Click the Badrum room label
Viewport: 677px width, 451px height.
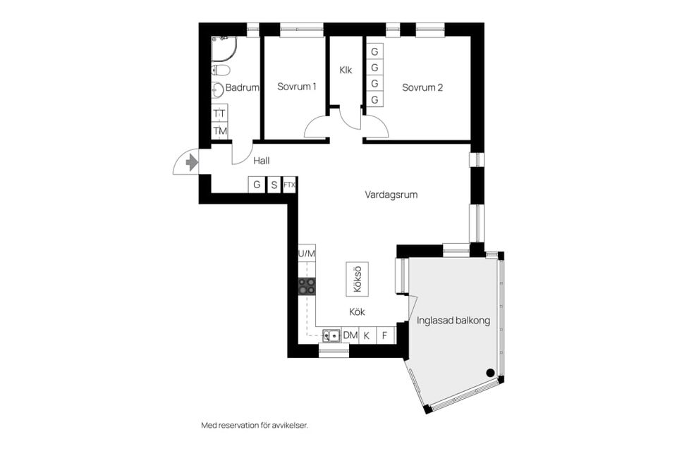(243, 88)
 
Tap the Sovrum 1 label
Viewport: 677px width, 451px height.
(296, 87)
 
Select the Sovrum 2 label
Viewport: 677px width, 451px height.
(422, 87)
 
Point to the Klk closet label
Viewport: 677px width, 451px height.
(346, 70)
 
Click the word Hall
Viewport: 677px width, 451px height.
(261, 161)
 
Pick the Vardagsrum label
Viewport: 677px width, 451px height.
(391, 194)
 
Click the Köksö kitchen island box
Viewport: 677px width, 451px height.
(357, 279)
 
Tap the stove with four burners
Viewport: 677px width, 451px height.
(307, 285)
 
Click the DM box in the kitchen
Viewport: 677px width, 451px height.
(350, 335)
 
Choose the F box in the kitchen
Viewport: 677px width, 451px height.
(385, 335)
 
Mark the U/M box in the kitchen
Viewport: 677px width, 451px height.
(307, 253)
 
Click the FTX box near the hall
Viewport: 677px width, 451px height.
(289, 185)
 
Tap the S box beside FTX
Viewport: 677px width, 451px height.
(273, 185)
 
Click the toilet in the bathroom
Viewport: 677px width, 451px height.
(220, 70)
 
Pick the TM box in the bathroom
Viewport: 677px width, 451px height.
(220, 130)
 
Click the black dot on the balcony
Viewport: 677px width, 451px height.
(489, 373)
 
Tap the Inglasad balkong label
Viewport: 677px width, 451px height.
(453, 320)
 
